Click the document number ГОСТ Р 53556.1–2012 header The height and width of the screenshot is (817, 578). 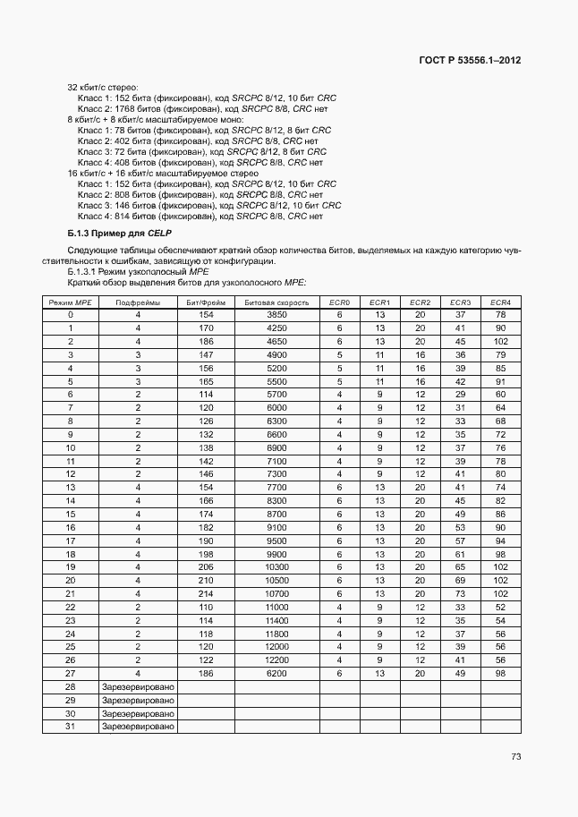470,61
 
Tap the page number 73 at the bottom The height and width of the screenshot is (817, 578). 515,756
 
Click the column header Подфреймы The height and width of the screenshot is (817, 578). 138,302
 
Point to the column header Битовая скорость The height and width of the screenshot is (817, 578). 276,302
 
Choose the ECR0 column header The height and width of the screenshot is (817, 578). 340,302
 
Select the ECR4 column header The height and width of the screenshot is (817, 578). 500,302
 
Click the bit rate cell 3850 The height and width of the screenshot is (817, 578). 276,315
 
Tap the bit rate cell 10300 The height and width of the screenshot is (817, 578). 276,567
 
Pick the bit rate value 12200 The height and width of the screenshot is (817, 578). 276,660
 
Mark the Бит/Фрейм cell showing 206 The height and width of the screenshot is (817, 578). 206,567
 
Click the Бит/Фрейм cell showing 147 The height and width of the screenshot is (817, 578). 206,355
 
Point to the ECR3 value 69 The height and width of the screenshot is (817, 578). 461,581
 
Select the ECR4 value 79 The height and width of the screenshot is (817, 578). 500,355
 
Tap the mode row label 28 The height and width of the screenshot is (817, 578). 71,686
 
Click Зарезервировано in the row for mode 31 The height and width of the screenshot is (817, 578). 138,727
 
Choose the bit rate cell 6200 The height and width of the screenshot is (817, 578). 276,673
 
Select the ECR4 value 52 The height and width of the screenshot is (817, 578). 500,607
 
